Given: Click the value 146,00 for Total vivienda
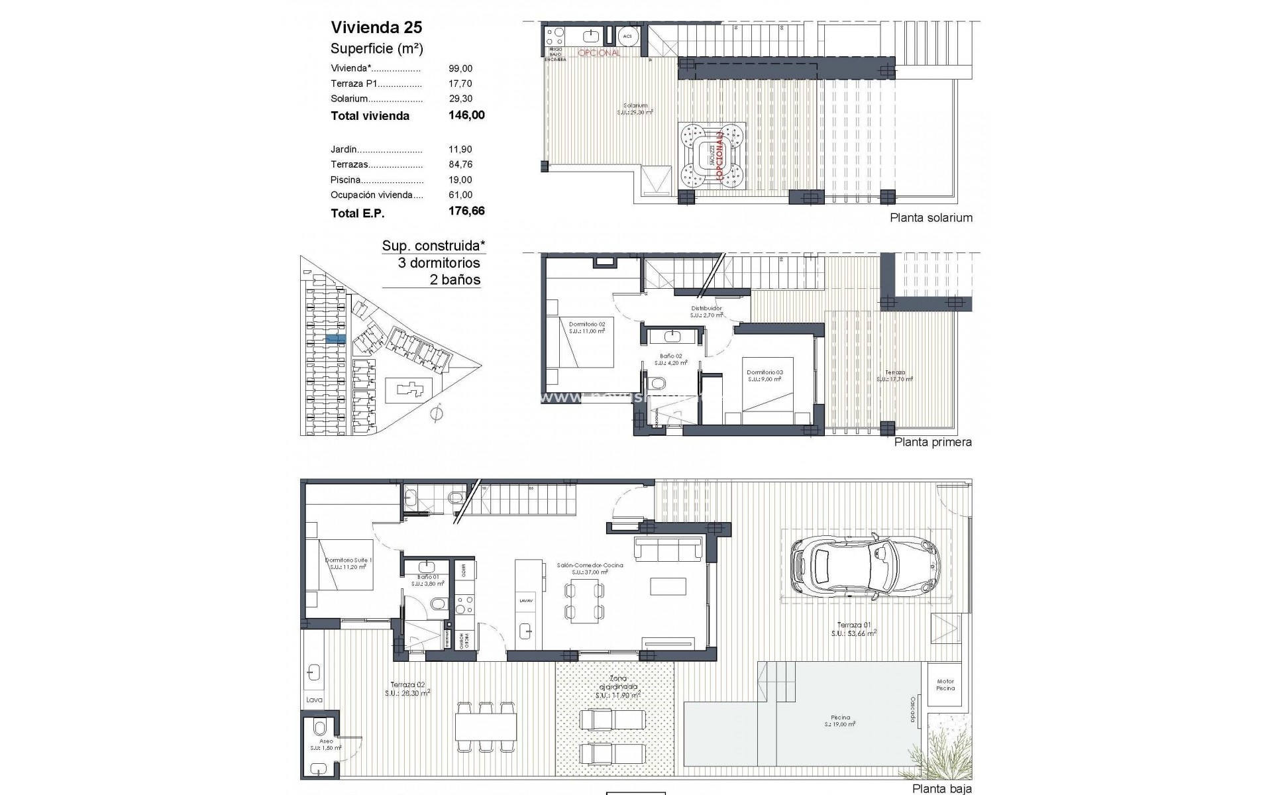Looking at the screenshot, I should tap(466, 115).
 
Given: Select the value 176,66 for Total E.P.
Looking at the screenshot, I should tap(466, 211).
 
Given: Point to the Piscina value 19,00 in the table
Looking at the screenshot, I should tap(460, 180).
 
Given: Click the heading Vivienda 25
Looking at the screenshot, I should tap(376, 27).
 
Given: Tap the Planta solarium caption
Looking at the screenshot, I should tap(931, 218).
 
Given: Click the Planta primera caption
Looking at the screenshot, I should tap(933, 442).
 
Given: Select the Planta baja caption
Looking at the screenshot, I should tap(942, 788).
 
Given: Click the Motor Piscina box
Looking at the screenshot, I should tap(945, 684).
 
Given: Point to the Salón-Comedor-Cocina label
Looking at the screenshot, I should tap(590, 566).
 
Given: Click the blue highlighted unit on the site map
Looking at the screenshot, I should tap(336, 339).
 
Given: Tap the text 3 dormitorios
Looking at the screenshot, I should tap(439, 263).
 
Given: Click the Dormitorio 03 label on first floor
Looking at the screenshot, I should tap(765, 372).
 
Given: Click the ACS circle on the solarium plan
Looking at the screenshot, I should tap(627, 36).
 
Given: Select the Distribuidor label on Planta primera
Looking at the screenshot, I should tap(706, 308).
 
